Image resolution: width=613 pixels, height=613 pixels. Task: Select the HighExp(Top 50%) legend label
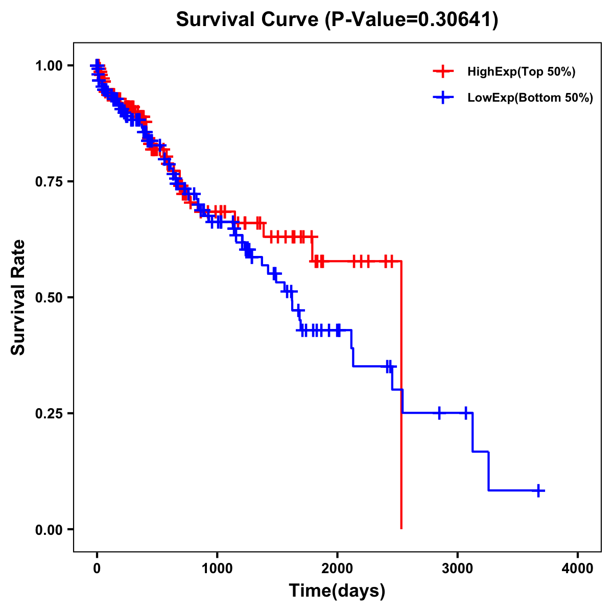pyautogui.click(x=521, y=72)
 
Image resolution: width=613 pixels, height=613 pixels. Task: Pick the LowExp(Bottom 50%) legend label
pyautogui.click(x=530, y=98)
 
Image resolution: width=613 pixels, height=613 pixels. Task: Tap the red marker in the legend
pyautogui.click(x=443, y=72)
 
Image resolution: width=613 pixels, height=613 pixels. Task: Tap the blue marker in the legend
pyautogui.click(x=443, y=98)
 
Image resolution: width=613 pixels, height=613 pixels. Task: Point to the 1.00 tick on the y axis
pyautogui.click(x=48, y=65)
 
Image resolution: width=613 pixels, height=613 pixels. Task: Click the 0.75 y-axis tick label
pyautogui.click(x=48, y=181)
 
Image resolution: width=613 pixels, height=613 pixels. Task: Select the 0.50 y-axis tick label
pyautogui.click(x=48, y=297)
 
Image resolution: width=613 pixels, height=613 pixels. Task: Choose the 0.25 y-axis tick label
pyautogui.click(x=48, y=413)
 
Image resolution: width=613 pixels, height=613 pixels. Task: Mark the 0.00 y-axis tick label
pyautogui.click(x=48, y=529)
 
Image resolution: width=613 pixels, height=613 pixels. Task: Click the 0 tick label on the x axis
pyautogui.click(x=97, y=569)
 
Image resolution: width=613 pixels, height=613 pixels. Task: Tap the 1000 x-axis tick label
pyautogui.click(x=217, y=569)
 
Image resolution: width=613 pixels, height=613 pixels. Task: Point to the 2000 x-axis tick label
pyautogui.click(x=337, y=569)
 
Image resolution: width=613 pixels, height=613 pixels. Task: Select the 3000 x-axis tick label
pyautogui.click(x=458, y=569)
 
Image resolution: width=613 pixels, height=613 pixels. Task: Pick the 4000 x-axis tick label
pyautogui.click(x=578, y=569)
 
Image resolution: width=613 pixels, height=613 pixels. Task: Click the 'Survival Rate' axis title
pyautogui.click(x=18, y=297)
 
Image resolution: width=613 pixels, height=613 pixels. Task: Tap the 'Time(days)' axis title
pyautogui.click(x=337, y=591)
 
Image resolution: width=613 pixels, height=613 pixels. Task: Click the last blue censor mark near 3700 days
pyautogui.click(x=538, y=490)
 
